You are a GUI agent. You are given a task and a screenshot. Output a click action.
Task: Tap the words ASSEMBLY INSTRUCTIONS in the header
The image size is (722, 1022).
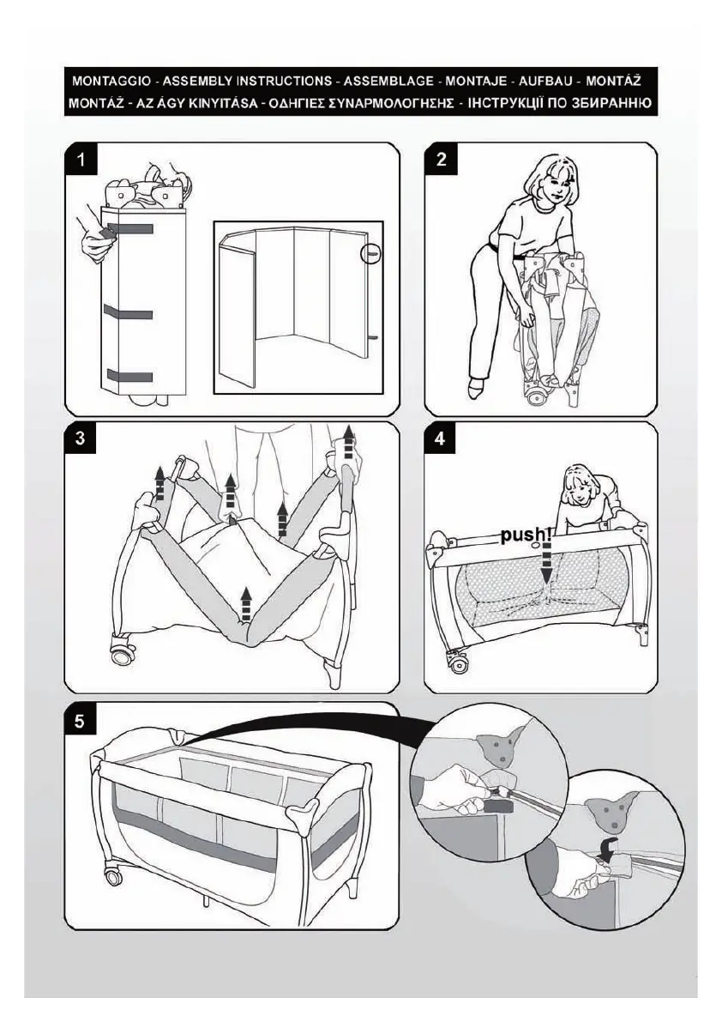tap(248, 82)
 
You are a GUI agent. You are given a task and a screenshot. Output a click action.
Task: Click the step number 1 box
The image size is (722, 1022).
tap(81, 160)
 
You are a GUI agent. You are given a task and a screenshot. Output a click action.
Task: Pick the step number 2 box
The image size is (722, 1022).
tap(441, 160)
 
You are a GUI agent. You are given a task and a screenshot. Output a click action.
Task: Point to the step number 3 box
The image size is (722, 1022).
tap(81, 439)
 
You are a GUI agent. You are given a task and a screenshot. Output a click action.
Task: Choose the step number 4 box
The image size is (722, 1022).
tap(441, 439)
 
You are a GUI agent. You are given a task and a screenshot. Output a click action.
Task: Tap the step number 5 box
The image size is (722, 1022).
tap(81, 721)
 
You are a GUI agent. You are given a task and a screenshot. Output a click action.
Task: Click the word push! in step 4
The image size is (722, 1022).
tap(524, 535)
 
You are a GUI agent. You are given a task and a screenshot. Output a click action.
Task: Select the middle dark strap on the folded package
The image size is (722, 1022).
tap(128, 312)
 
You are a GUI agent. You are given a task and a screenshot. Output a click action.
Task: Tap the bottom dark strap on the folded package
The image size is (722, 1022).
tap(129, 376)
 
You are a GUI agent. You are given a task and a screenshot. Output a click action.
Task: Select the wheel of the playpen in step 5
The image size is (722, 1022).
tap(112, 876)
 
